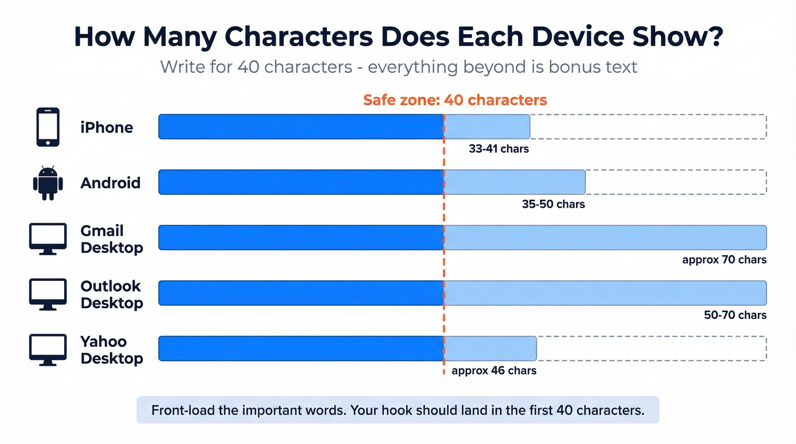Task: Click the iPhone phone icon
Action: pyautogui.click(x=48, y=127)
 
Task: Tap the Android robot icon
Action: pyautogui.click(x=48, y=182)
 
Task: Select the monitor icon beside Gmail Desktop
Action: pyautogui.click(x=48, y=239)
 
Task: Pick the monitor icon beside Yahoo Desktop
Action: pyautogui.click(x=48, y=350)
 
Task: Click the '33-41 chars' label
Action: pyautogui.click(x=499, y=149)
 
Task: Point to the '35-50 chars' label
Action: pyautogui.click(x=553, y=204)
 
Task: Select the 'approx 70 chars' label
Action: pyautogui.click(x=724, y=260)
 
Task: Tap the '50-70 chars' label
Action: pyautogui.click(x=735, y=315)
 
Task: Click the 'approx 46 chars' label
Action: pyautogui.click(x=494, y=371)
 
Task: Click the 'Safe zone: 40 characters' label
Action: pyautogui.click(x=455, y=101)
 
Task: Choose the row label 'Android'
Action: pyautogui.click(x=110, y=183)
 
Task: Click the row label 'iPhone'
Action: pyautogui.click(x=107, y=127)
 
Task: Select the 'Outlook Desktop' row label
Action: pyautogui.click(x=111, y=294)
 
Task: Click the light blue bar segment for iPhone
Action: pyautogui.click(x=487, y=126)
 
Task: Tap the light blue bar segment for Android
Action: pyautogui.click(x=514, y=182)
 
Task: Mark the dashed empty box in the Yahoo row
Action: pyautogui.click(x=651, y=348)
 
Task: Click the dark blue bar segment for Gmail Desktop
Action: pyautogui.click(x=300, y=238)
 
